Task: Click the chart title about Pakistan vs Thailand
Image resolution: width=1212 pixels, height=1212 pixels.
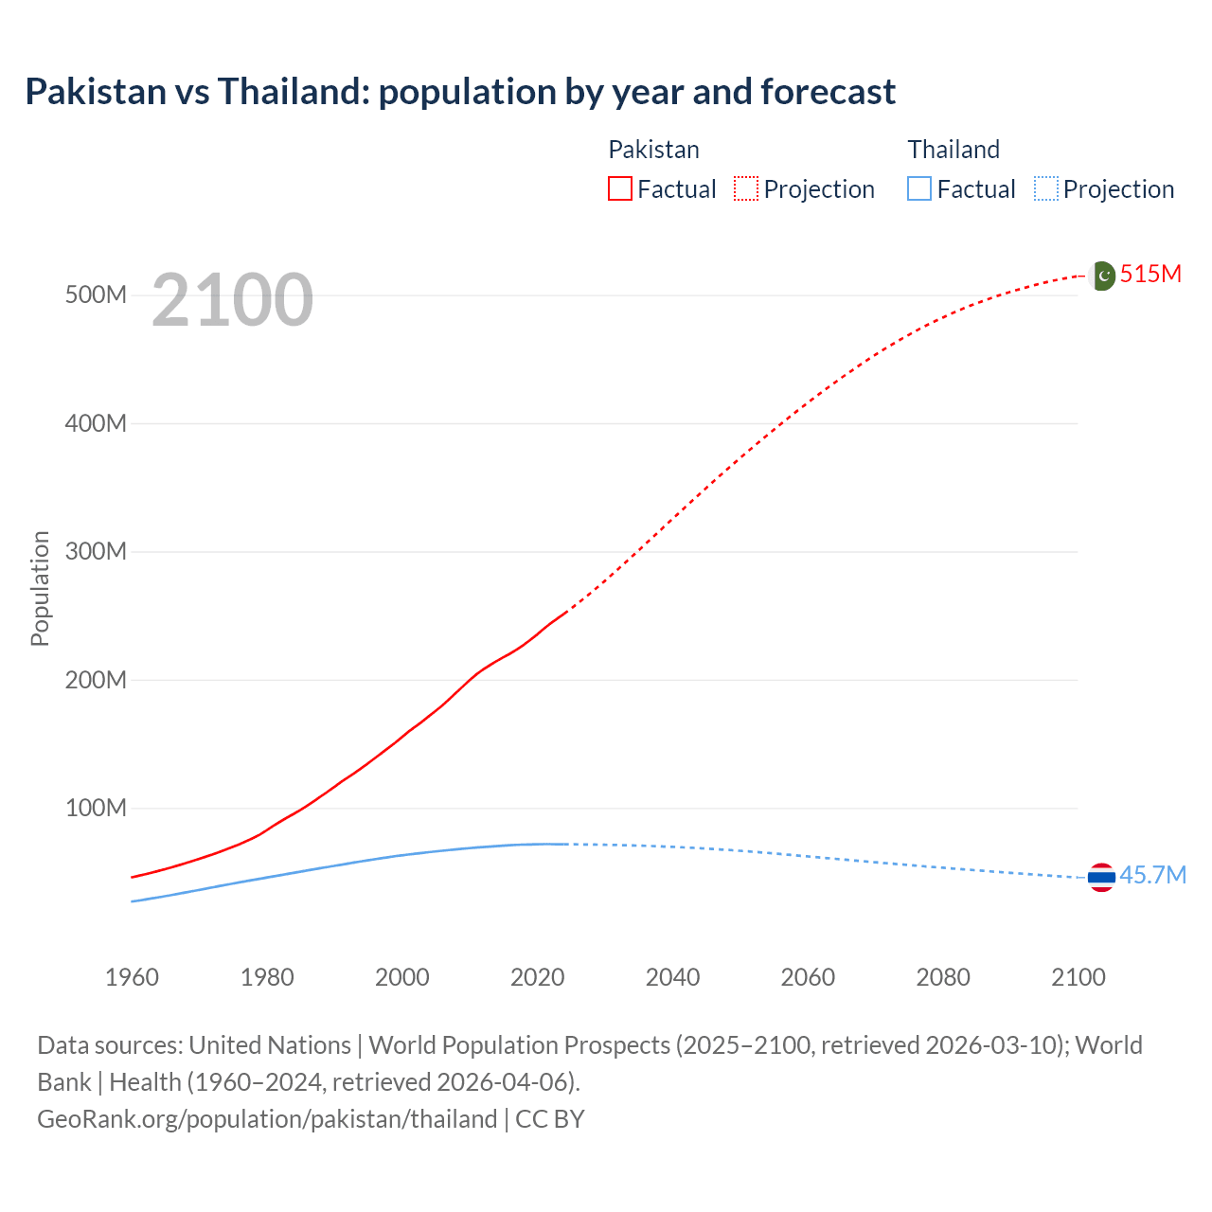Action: pyautogui.click(x=460, y=92)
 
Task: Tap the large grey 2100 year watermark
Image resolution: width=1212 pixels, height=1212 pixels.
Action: pyautogui.click(x=232, y=300)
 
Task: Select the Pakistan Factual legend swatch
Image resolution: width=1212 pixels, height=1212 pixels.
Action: pyautogui.click(x=620, y=189)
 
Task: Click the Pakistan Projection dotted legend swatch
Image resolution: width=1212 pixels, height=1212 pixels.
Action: pyautogui.click(x=746, y=189)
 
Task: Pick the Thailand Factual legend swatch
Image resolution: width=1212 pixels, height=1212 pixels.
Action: pyautogui.click(x=919, y=189)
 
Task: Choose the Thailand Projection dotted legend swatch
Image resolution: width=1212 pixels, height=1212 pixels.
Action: pyautogui.click(x=1046, y=189)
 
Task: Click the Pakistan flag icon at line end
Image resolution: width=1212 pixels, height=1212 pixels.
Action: pyautogui.click(x=1102, y=276)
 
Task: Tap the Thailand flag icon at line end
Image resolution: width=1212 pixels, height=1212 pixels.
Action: pyautogui.click(x=1101, y=878)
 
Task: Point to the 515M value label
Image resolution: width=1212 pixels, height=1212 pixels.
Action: pyautogui.click(x=1150, y=275)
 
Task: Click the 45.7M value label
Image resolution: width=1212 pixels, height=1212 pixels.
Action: pyautogui.click(x=1152, y=875)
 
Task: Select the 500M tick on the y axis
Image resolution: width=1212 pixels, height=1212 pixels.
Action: pyautogui.click(x=96, y=295)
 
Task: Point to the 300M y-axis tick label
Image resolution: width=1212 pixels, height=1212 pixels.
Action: pyautogui.click(x=96, y=552)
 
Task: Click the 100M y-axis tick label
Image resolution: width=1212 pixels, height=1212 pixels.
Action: pyautogui.click(x=96, y=809)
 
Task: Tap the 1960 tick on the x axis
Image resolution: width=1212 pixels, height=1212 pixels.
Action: pyautogui.click(x=132, y=977)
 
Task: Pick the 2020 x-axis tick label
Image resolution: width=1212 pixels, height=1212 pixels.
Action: pyautogui.click(x=537, y=977)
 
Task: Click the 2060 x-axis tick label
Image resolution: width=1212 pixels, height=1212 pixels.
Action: pyautogui.click(x=808, y=977)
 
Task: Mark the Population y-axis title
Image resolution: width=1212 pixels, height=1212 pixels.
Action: pyautogui.click(x=40, y=588)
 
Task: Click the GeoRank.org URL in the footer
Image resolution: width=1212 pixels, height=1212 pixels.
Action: pyautogui.click(x=267, y=1119)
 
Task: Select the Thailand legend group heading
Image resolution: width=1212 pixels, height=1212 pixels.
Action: pyautogui.click(x=954, y=150)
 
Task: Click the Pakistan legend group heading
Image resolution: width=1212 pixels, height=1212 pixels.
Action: pyautogui.click(x=653, y=150)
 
